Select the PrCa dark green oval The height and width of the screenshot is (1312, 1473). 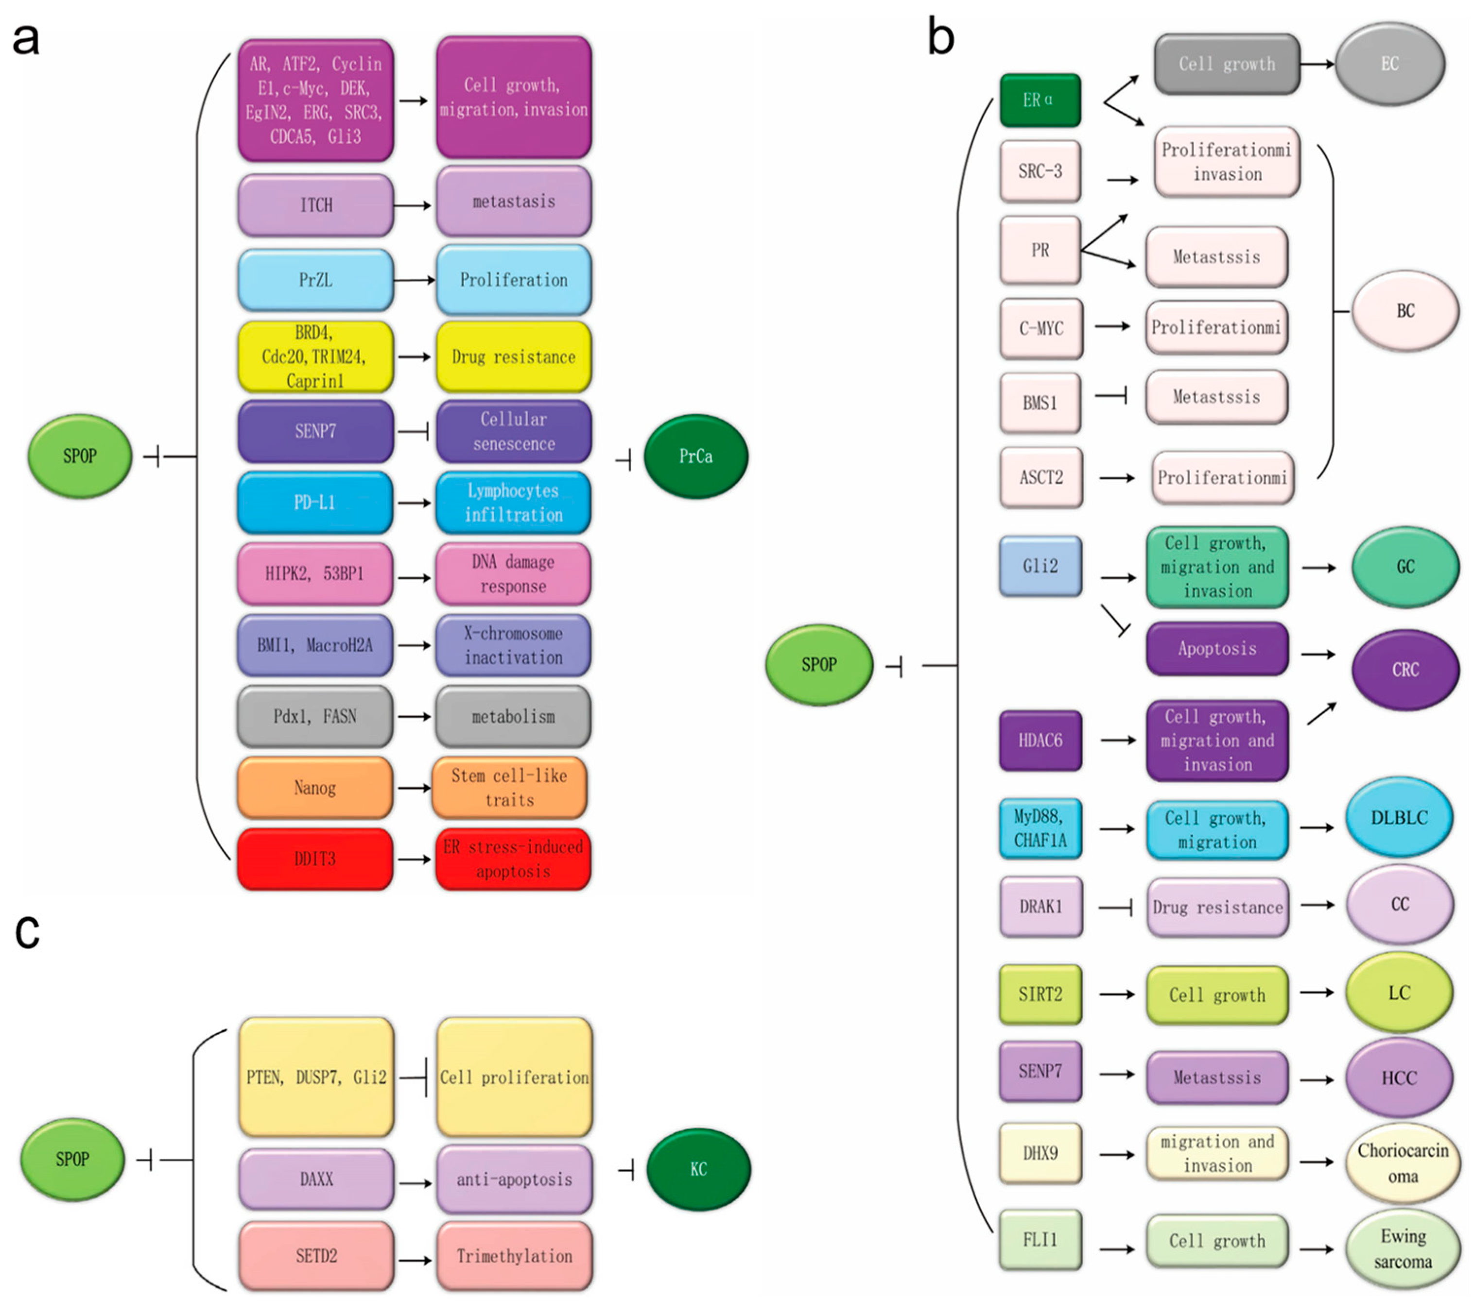[x=695, y=456]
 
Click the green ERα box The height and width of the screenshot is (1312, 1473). [x=1040, y=100]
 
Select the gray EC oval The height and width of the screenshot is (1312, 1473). [x=1389, y=64]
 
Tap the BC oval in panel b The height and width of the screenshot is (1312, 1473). [x=1404, y=311]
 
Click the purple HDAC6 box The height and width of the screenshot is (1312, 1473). [x=1040, y=740]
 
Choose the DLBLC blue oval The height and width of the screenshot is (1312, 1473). [x=1399, y=818]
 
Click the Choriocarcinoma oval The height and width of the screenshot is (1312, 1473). [x=1403, y=1163]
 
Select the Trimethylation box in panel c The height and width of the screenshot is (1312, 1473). [x=514, y=1257]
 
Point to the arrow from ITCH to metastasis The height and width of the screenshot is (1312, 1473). [x=414, y=205]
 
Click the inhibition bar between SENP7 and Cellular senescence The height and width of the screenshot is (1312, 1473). [x=414, y=432]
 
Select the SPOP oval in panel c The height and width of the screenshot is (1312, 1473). [x=72, y=1159]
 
